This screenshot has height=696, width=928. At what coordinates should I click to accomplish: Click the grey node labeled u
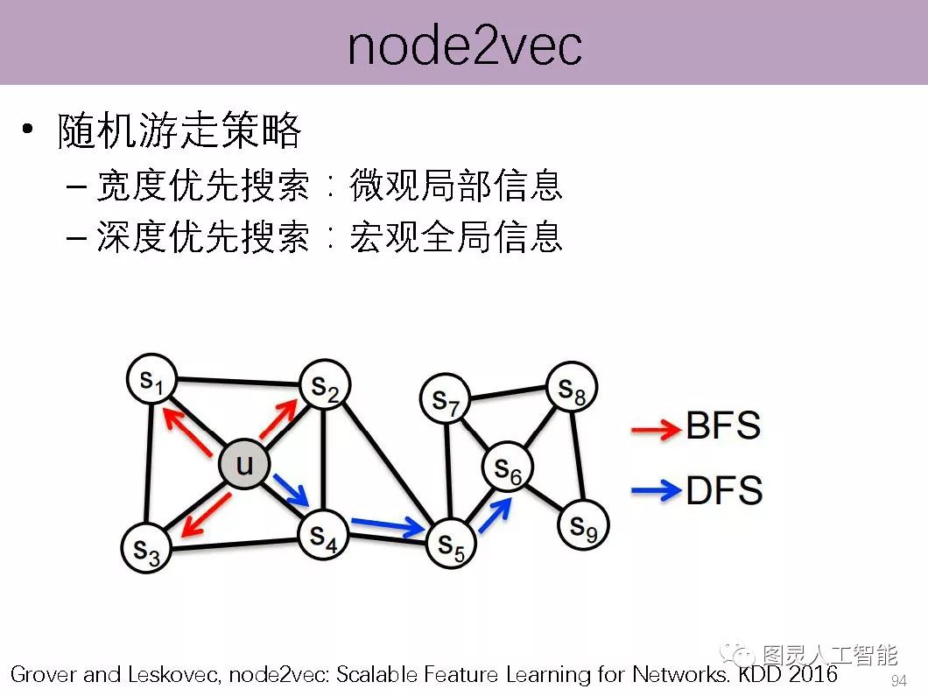[x=243, y=464]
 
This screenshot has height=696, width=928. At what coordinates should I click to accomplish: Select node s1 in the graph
[x=152, y=379]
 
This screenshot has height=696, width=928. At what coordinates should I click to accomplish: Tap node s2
[x=325, y=387]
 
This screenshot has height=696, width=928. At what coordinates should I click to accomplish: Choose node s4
[x=323, y=536]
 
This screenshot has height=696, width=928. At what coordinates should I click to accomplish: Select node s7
[x=446, y=399]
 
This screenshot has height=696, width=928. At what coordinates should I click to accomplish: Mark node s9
[x=583, y=524]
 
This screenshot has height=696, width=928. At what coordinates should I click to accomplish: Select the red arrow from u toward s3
[x=207, y=514]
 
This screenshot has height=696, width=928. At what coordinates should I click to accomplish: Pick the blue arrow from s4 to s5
[x=387, y=527]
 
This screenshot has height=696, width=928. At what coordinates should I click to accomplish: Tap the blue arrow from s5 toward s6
[x=494, y=515]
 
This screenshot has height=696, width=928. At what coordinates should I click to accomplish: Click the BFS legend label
[x=723, y=426]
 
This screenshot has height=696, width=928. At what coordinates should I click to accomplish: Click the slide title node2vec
[x=464, y=46]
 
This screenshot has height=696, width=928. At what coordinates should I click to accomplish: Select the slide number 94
[x=898, y=681]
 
